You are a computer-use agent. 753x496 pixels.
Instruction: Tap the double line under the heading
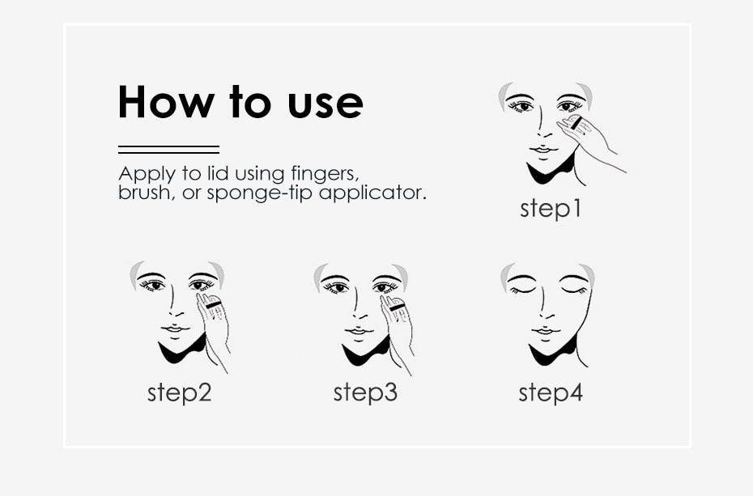point(168,149)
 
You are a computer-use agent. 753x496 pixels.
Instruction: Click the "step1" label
point(551,208)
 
